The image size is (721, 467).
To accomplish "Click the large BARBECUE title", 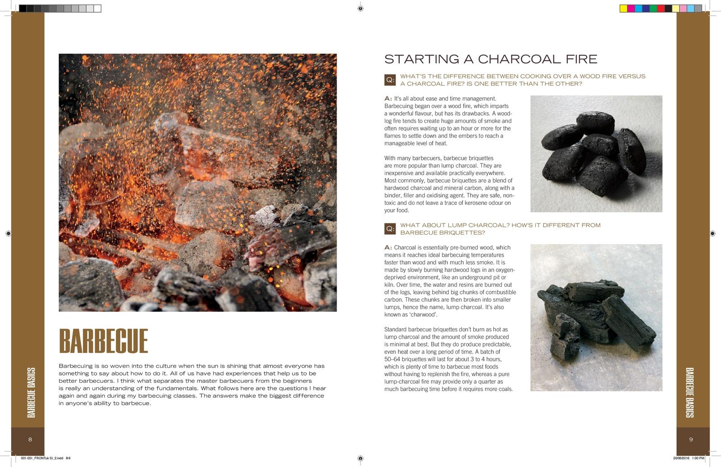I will pyautogui.click(x=103, y=341).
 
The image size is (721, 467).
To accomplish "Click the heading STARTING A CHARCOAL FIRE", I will pyautogui.click(x=490, y=59).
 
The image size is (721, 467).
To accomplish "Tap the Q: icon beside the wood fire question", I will pyautogui.click(x=390, y=80).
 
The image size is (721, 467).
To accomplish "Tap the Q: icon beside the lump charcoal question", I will pyautogui.click(x=390, y=229).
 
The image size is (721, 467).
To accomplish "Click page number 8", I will pyautogui.click(x=30, y=440).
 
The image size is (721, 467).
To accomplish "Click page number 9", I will pyautogui.click(x=691, y=440).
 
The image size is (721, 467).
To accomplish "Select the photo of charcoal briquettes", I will pyautogui.click(x=596, y=154).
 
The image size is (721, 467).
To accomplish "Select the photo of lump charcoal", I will pyautogui.click(x=596, y=317).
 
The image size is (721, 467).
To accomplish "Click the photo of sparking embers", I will pyautogui.click(x=197, y=182).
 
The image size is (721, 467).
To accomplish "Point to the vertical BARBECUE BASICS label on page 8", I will pyautogui.click(x=31, y=392).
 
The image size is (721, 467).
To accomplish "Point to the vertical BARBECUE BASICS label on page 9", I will pyautogui.click(x=689, y=392).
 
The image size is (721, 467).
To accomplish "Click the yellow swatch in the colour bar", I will pyautogui.click(x=624, y=9).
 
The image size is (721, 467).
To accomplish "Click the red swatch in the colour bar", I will pyautogui.click(x=661, y=9).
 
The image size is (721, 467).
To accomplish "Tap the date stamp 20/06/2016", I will pyautogui.click(x=681, y=458).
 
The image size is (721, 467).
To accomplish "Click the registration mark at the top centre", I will pyautogui.click(x=360, y=8).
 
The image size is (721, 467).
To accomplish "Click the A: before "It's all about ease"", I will pyautogui.click(x=388, y=99).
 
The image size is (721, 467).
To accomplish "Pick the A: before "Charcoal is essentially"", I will pyautogui.click(x=388, y=248).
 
